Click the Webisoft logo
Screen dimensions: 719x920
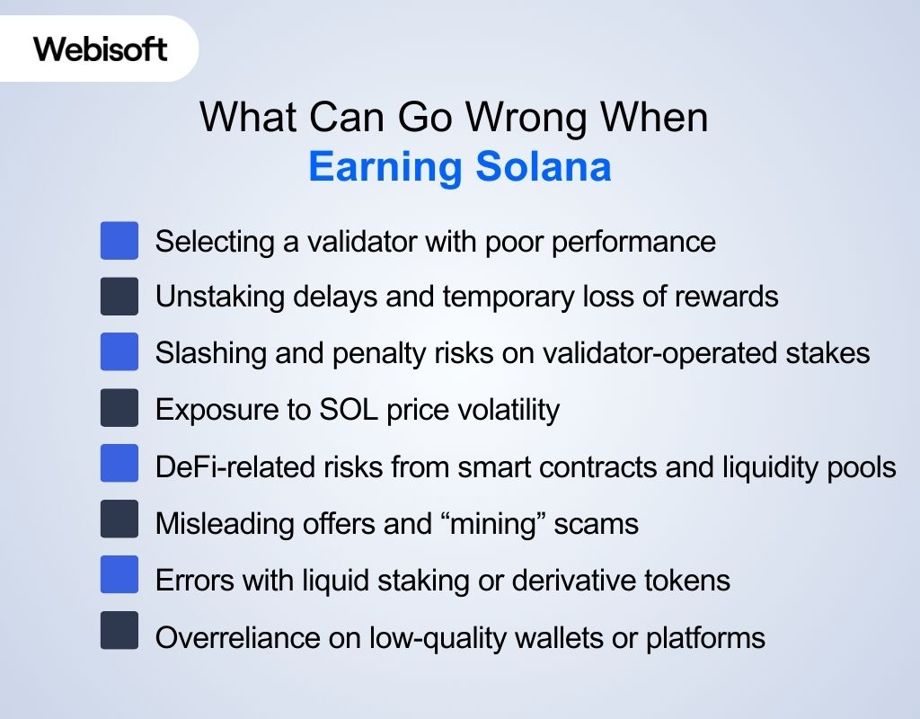100,48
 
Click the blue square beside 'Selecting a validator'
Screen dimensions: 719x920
119,241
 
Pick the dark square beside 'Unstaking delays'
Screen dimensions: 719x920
119,297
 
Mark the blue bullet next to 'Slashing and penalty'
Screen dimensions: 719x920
119,352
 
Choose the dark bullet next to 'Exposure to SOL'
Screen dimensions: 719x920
119,408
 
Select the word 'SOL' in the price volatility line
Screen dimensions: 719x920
337,410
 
